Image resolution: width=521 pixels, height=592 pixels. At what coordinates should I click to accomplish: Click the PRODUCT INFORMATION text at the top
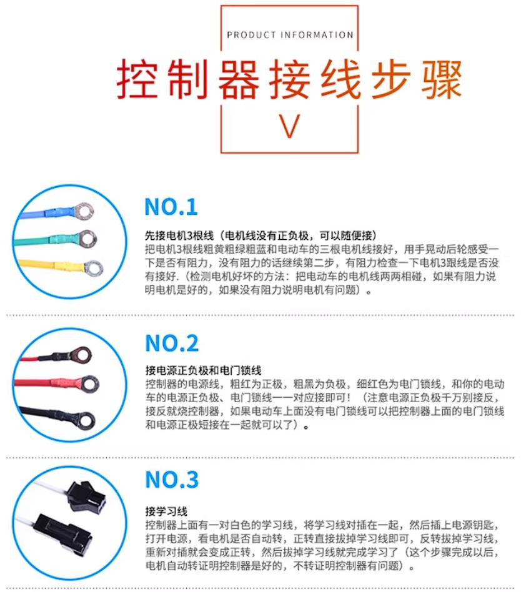[x=290, y=35]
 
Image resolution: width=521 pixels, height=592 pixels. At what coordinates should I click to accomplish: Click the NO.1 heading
[x=171, y=207]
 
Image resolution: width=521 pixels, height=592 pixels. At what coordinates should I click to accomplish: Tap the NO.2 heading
[x=172, y=343]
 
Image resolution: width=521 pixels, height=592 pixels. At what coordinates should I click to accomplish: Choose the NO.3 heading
[x=172, y=480]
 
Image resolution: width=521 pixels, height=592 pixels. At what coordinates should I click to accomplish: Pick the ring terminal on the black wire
[x=84, y=419]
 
